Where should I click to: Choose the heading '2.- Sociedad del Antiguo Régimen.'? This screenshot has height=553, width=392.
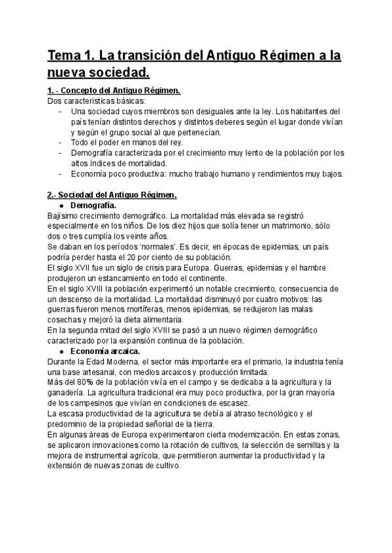[111, 195]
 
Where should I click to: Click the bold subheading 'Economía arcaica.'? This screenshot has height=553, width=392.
[105, 351]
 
